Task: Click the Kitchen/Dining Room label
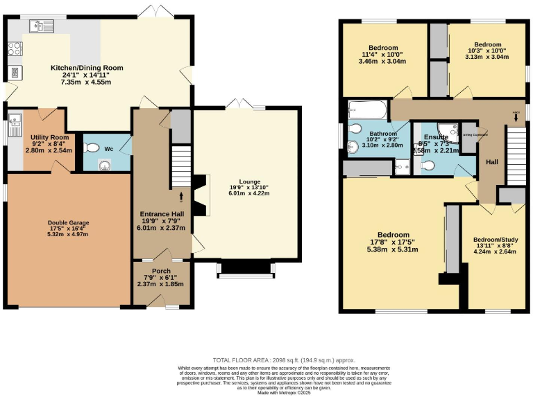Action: (87, 68)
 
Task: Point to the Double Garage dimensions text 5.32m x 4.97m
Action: (69, 234)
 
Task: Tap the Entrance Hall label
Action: (162, 213)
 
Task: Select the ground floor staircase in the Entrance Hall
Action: (181, 166)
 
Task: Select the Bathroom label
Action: (382, 133)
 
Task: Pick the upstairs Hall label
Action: (491, 161)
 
